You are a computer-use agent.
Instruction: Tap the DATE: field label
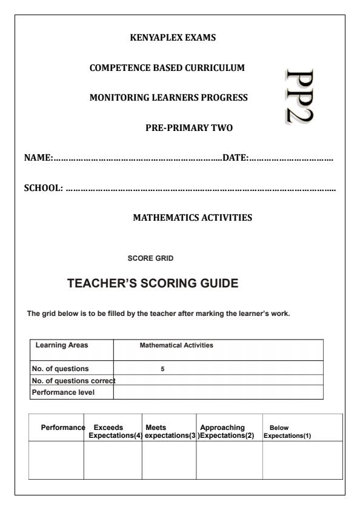(x=236, y=158)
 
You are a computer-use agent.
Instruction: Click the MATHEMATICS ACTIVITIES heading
(x=192, y=217)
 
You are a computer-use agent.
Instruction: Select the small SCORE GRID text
(x=150, y=258)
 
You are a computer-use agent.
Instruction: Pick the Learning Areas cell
(x=62, y=345)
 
